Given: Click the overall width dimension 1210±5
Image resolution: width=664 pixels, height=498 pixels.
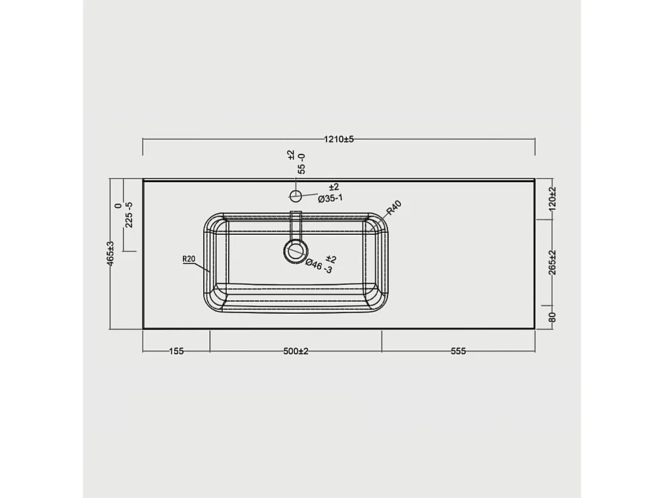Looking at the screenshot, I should pos(339,139).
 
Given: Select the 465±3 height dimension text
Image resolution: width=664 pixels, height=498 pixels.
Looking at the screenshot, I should pos(111,254).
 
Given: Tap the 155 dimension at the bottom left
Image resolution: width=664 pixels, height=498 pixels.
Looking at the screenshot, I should pos(176,351).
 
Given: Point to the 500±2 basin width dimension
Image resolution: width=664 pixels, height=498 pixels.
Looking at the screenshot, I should pos(296,351).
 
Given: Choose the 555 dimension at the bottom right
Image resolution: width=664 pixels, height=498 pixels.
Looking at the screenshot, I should pos(458,351).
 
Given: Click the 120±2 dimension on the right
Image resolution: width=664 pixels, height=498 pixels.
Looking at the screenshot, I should pos(552,199).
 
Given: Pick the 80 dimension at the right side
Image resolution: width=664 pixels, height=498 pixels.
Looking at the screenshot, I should pos(552,316).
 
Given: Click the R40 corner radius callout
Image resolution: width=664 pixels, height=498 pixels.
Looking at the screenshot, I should pos(395,209).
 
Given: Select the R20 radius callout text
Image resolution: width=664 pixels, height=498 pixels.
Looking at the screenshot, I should pos(189,258).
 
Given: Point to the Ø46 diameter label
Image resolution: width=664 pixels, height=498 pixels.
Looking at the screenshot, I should pos(319,265).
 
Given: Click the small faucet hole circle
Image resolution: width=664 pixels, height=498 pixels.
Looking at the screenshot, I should pos(295,196).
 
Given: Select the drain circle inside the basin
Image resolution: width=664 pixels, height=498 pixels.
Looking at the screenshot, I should pos(295,252).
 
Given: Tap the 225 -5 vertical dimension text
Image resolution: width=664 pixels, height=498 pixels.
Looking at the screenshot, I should pos(129,214).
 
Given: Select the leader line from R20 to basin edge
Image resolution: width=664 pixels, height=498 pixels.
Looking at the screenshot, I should pos(202,267).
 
